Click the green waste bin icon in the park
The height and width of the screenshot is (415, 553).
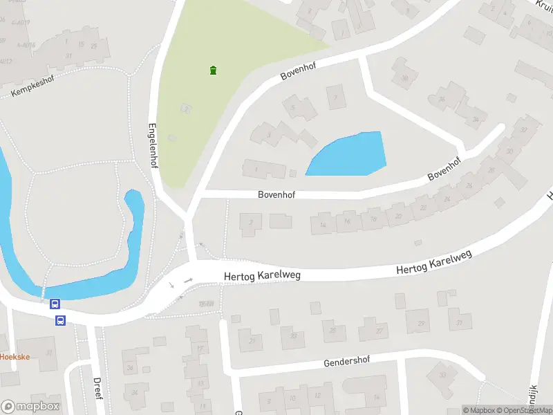(213, 70)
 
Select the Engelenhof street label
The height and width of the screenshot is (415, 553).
(153, 146)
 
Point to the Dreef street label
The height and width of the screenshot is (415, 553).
(97, 389)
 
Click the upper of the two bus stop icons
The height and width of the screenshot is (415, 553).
(55, 304)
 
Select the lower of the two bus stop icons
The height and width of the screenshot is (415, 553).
(61, 320)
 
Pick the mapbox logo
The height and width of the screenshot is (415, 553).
(30, 407)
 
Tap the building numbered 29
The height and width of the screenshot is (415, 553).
(419, 322)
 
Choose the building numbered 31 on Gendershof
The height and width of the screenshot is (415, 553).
(458, 321)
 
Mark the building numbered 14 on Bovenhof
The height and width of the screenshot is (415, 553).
(322, 224)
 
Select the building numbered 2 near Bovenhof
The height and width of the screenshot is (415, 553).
(250, 221)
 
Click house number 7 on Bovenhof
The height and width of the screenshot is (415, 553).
(336, 97)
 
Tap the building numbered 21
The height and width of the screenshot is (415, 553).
(252, 340)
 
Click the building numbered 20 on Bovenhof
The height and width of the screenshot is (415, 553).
(397, 216)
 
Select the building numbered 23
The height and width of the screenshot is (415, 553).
(293, 336)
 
